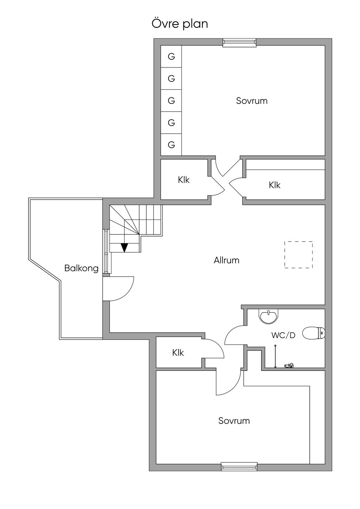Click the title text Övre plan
click(x=180, y=24)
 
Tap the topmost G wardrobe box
click(x=171, y=56)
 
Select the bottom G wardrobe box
click(x=171, y=144)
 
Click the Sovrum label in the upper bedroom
click(x=252, y=101)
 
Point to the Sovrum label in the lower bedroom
click(x=234, y=421)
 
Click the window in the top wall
click(x=239, y=43)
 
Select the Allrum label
click(x=226, y=260)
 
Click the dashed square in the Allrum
click(x=298, y=255)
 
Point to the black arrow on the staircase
click(x=124, y=247)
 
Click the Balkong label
click(x=81, y=269)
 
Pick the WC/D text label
click(x=283, y=335)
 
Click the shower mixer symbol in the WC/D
click(x=289, y=366)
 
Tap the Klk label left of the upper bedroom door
click(x=184, y=180)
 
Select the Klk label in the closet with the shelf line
click(x=275, y=185)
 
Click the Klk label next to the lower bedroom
click(x=178, y=353)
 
